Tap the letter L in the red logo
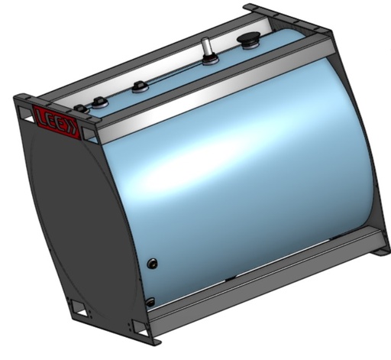tap(42, 116)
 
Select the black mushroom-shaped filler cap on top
tap(249, 40)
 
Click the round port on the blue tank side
tap(153, 264)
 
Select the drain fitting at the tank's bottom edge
tap(150, 301)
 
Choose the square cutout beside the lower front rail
tap(137, 326)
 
